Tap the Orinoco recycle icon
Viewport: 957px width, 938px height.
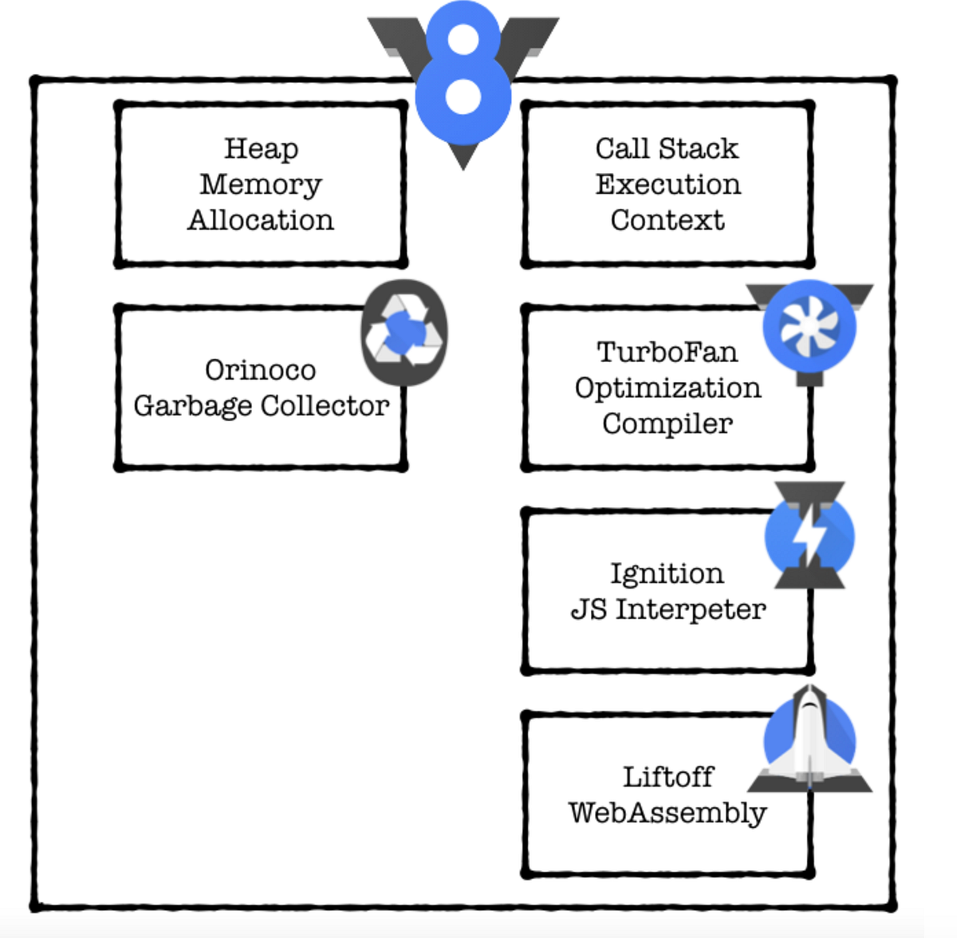pyautogui.click(x=404, y=333)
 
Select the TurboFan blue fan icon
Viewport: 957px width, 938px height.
pyautogui.click(x=809, y=328)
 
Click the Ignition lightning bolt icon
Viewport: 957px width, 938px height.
pyautogui.click(x=809, y=536)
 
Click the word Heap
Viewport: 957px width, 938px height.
pyautogui.click(x=261, y=148)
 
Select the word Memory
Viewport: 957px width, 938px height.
pyautogui.click(x=261, y=185)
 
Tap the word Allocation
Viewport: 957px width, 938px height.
pyautogui.click(x=261, y=220)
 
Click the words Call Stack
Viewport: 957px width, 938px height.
pyautogui.click(x=667, y=148)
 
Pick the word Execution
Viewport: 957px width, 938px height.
pyautogui.click(x=668, y=184)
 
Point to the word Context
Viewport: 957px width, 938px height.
pyautogui.click(x=668, y=220)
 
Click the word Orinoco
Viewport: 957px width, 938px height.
pyautogui.click(x=260, y=370)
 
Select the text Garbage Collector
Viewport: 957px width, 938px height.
pyautogui.click(x=261, y=406)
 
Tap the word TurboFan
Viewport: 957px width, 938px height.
pyautogui.click(x=667, y=352)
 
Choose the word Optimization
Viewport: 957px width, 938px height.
pyautogui.click(x=668, y=388)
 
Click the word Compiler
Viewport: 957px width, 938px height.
pyautogui.click(x=668, y=424)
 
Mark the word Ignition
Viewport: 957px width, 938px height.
pyautogui.click(x=667, y=573)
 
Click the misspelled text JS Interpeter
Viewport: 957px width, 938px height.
pyautogui.click(x=668, y=609)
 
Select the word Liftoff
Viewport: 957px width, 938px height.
pyautogui.click(x=668, y=777)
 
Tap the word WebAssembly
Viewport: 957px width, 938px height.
pyautogui.click(x=668, y=813)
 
